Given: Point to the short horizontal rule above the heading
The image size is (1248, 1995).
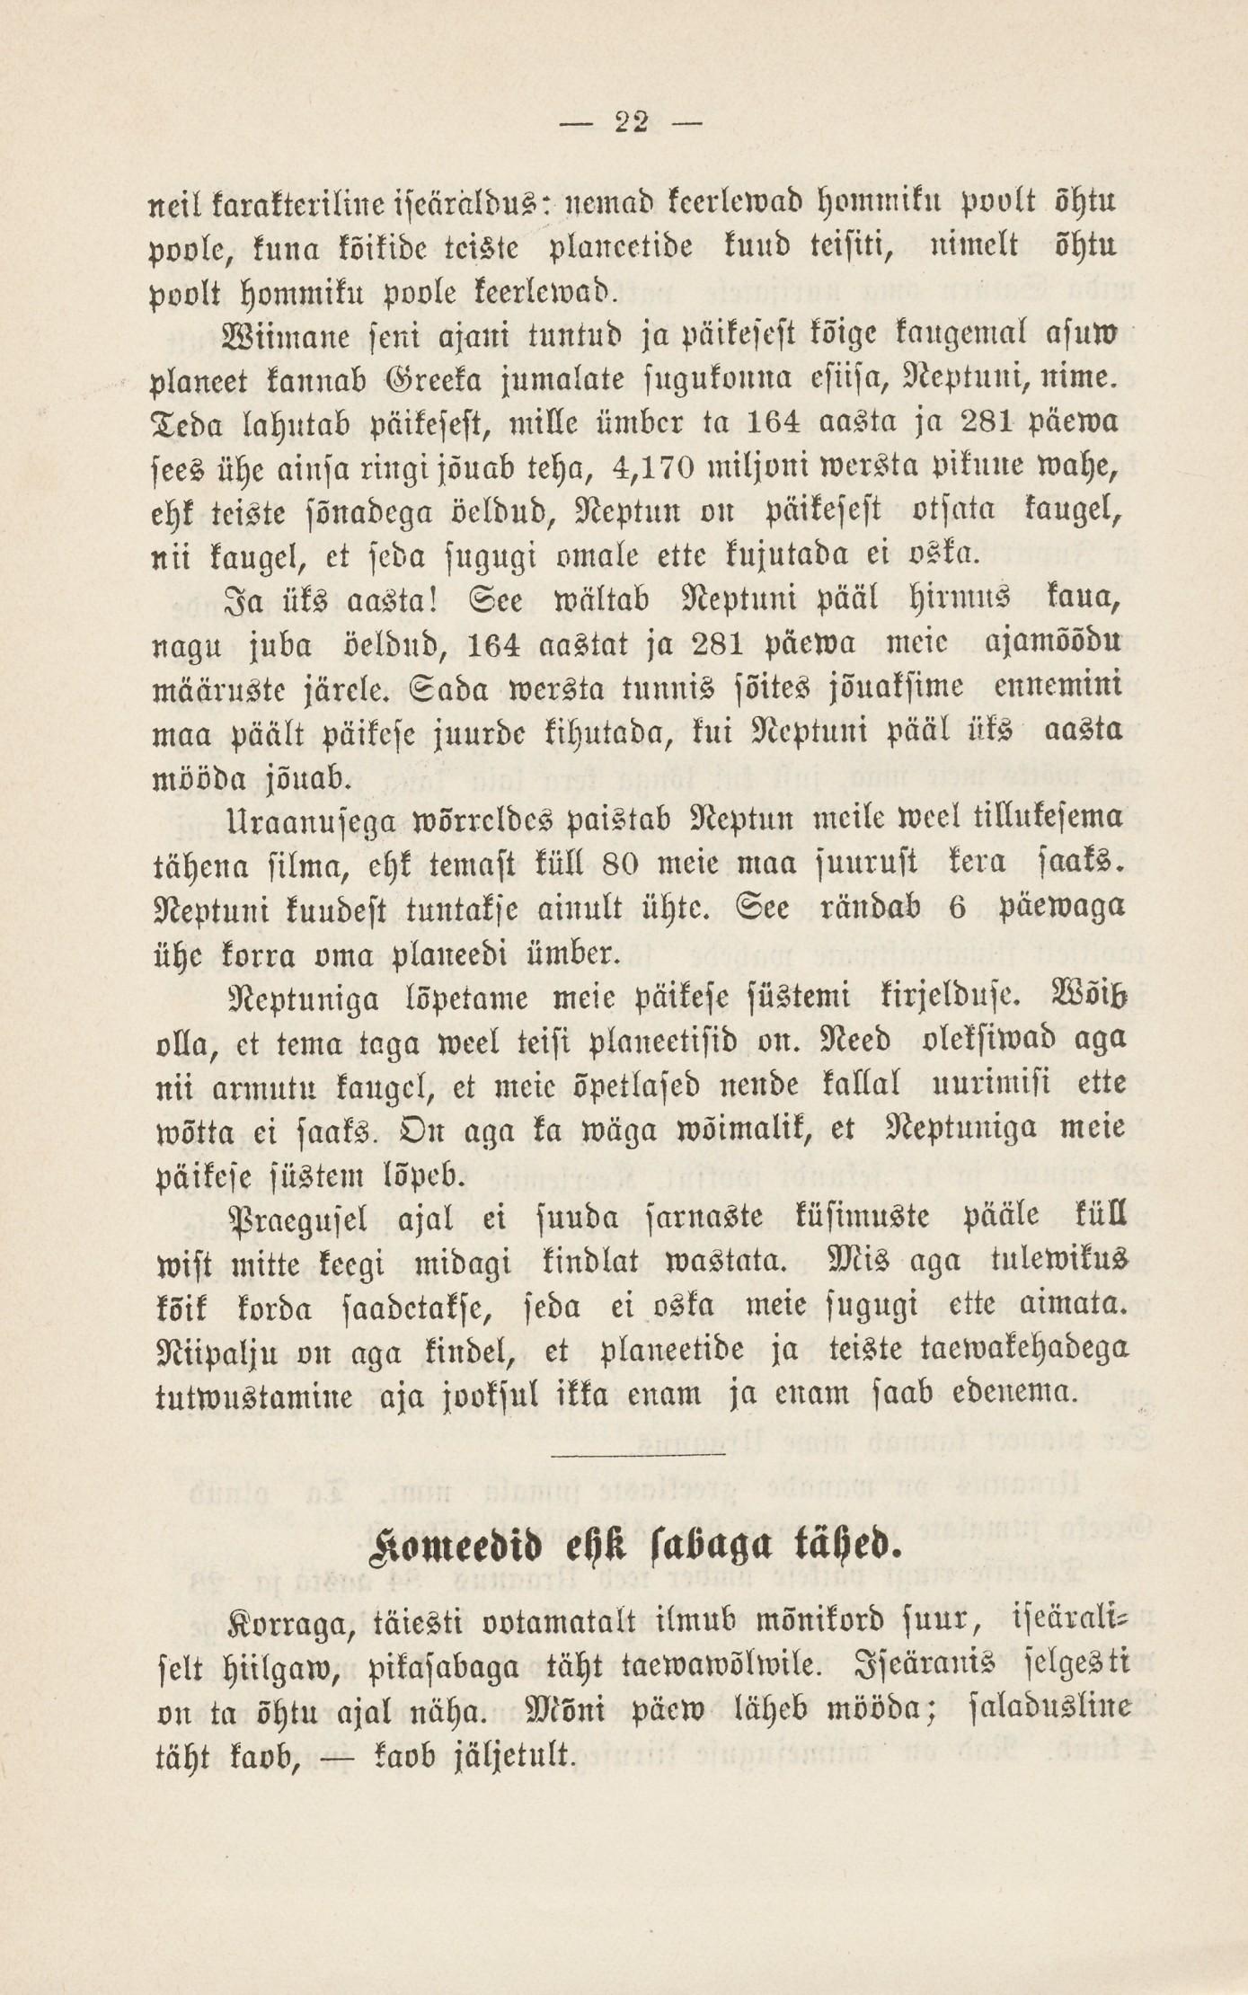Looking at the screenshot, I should click(637, 1453).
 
